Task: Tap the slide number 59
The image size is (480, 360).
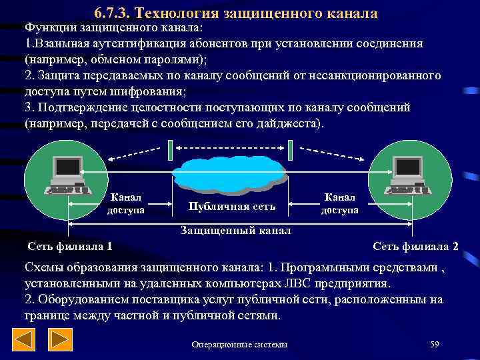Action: pos(435,344)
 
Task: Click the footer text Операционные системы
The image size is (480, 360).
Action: pos(239,344)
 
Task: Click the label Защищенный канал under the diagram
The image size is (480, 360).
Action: pos(237,231)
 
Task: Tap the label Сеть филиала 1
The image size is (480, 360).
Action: pos(70,246)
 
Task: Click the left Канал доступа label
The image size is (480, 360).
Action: pos(126,204)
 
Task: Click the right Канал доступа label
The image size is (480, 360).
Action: pos(340,203)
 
